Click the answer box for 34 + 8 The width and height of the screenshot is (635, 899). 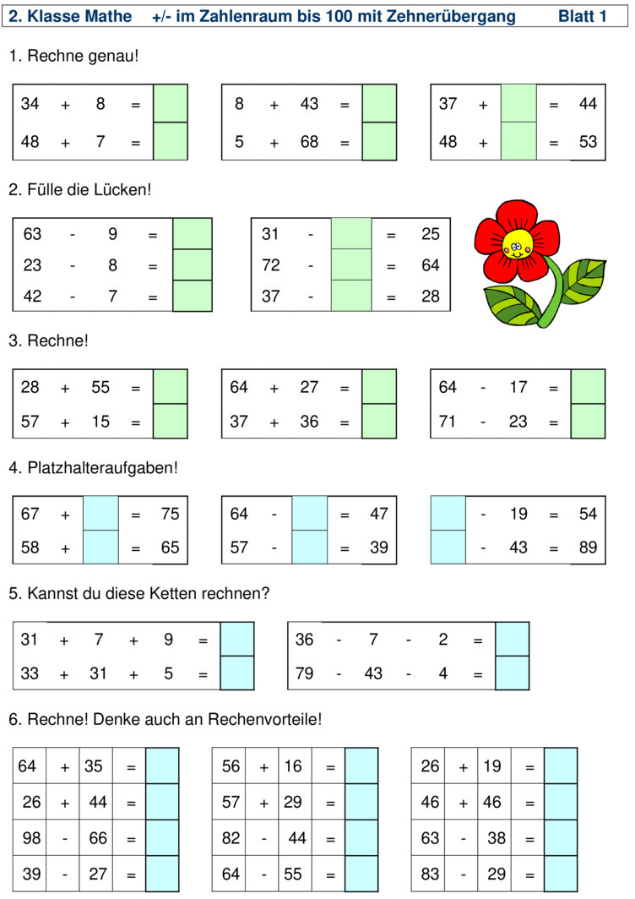[171, 103]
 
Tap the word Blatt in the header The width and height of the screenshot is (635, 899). [575, 16]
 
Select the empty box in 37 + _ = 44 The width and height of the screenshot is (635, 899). [518, 103]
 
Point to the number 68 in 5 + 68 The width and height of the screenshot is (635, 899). [309, 142]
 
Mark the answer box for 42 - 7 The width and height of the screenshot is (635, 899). [193, 296]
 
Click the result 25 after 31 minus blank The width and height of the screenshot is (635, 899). [431, 234]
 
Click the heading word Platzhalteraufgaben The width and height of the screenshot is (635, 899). [102, 468]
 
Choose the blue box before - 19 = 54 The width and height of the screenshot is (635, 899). [448, 513]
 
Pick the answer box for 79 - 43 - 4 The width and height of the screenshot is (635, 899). [512, 673]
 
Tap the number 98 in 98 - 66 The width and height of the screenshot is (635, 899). [31, 837]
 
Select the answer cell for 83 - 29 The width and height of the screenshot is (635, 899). [561, 873]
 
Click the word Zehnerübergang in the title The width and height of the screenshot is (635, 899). [451, 17]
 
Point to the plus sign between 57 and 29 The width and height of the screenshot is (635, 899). [263, 804]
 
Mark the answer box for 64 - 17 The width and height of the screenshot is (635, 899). [588, 386]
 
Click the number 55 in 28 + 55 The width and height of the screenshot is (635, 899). [100, 387]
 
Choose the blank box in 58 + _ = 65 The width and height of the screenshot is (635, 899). [100, 548]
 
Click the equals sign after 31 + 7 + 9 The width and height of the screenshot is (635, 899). [203, 640]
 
